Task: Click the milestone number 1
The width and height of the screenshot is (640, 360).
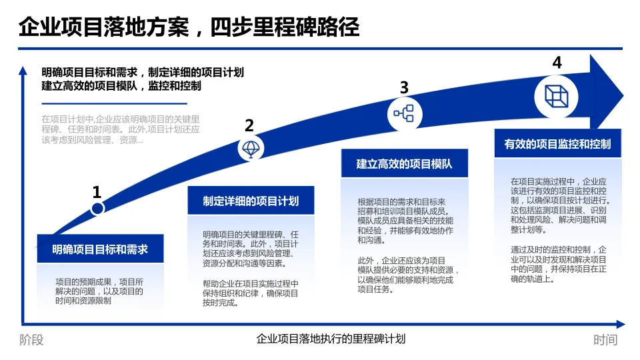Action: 97,193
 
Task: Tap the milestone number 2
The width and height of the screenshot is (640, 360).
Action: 249,125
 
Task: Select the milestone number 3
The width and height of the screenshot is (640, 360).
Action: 404,87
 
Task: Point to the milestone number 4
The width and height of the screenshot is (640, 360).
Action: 557,63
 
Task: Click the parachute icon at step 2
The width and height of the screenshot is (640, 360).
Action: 251,149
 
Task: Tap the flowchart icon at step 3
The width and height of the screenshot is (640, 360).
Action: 404,113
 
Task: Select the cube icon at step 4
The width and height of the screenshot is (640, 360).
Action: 556,96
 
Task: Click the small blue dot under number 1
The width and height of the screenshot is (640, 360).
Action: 97,209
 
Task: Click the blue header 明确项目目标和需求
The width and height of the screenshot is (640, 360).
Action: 100,250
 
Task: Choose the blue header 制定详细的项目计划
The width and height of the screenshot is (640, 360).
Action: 251,201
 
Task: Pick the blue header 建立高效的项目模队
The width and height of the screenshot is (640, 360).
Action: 404,163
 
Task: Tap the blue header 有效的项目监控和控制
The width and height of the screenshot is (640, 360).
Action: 557,143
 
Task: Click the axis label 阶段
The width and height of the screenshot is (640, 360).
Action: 31,340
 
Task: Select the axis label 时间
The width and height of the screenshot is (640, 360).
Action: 605,340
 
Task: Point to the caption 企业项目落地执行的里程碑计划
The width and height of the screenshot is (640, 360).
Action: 331,339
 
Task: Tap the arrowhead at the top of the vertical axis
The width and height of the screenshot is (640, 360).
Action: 23,70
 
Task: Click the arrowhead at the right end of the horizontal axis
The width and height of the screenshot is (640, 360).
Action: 621,325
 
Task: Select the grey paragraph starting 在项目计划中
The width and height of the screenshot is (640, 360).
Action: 120,129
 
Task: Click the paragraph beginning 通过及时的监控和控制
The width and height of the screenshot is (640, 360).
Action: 559,264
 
